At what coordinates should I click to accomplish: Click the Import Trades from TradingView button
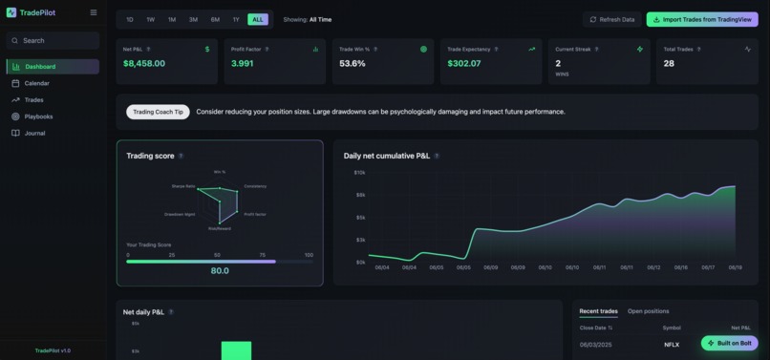coord(701,19)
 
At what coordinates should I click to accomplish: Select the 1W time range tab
coord(151,19)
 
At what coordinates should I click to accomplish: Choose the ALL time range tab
coord(257,19)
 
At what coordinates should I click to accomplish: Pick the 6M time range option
coord(215,19)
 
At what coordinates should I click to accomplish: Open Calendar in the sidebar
coord(36,83)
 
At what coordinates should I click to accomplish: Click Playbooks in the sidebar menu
coord(38,116)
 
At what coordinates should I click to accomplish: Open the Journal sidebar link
coord(34,133)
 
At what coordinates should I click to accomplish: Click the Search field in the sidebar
coord(53,40)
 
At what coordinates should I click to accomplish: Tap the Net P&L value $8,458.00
coord(144,64)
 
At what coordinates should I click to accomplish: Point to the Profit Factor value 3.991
coord(242,64)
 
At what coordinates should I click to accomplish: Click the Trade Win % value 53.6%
coord(353,64)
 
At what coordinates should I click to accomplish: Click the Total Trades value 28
coord(669,64)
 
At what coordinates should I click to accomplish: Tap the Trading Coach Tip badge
coord(158,112)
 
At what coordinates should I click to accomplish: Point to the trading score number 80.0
coord(220,270)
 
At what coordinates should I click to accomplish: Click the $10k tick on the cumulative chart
coord(359,173)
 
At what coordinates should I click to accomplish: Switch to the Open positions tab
coord(648,311)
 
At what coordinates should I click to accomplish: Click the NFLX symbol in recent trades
coord(672,344)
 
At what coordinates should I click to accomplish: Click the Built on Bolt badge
coord(729,343)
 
